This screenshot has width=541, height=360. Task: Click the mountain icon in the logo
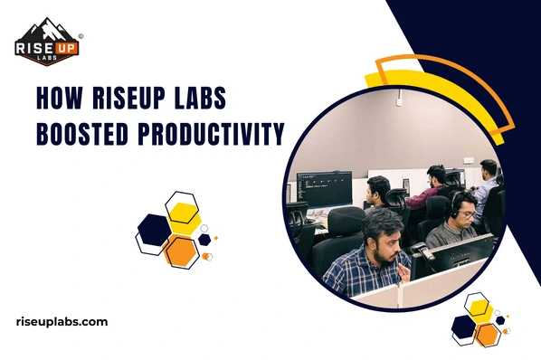pos(46,29)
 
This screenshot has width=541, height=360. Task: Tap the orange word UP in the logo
pos(66,46)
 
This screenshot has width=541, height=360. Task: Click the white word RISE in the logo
pos(35,46)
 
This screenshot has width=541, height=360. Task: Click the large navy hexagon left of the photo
pos(152,231)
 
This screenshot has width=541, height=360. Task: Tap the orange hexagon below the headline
pos(183,249)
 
